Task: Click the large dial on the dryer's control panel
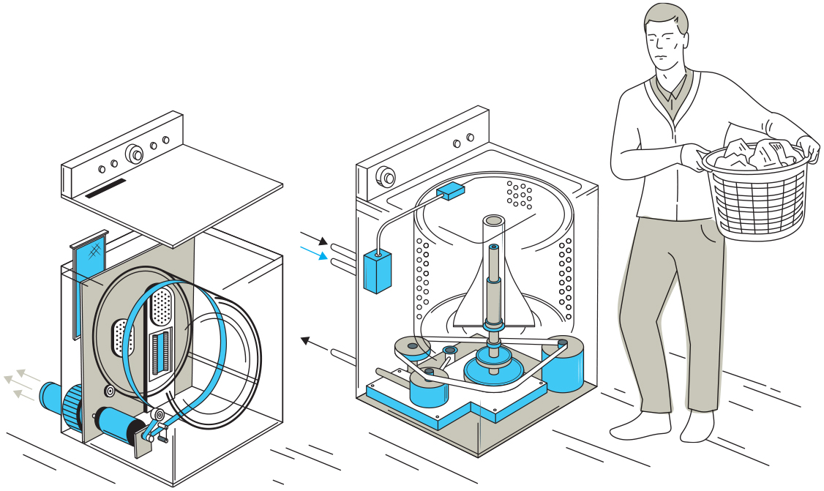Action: pyautogui.click(x=134, y=153)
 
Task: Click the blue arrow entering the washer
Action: pyautogui.click(x=314, y=253)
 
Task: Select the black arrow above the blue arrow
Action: pyautogui.click(x=314, y=239)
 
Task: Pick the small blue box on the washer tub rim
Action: pyautogui.click(x=450, y=192)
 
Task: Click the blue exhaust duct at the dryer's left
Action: pyautogui.click(x=51, y=395)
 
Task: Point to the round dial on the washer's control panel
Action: pyautogui.click(x=385, y=176)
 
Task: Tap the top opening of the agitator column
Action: pyautogui.click(x=492, y=220)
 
